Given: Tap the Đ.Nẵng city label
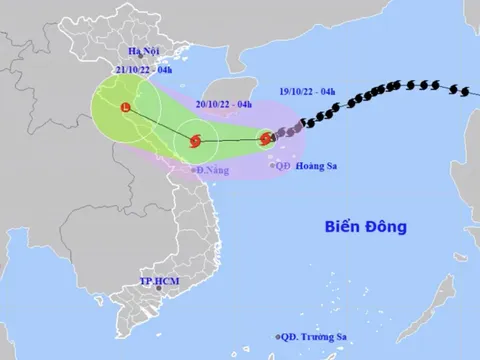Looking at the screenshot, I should pyautogui.click(x=213, y=171).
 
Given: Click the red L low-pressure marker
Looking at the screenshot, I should pyautogui.click(x=124, y=108).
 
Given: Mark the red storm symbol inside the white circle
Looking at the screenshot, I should pyautogui.click(x=195, y=141).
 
